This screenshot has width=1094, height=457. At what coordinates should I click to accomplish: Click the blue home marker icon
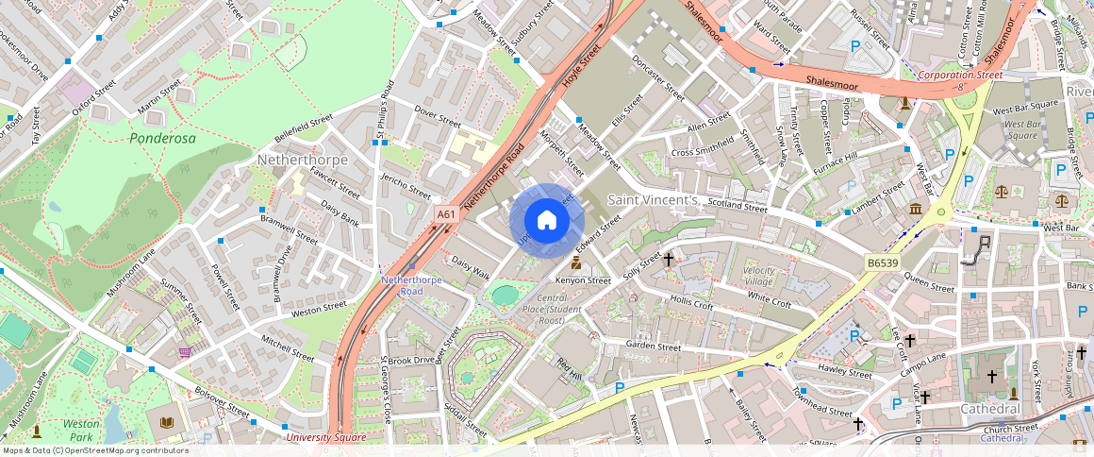point(547,221)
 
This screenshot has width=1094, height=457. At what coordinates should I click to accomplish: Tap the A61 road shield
point(447,215)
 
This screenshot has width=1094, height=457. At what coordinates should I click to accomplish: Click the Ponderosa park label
point(162,138)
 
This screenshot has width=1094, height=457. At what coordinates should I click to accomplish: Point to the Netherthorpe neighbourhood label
point(303,161)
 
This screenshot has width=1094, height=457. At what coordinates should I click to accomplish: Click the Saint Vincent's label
point(653,200)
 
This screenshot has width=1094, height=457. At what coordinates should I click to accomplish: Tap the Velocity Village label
point(758,276)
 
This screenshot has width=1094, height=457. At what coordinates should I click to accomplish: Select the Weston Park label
point(81,431)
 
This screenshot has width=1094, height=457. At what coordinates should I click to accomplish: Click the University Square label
point(325,437)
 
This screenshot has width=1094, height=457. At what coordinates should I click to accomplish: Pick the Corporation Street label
point(960,75)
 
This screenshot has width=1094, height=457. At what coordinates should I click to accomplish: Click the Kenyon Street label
point(583,280)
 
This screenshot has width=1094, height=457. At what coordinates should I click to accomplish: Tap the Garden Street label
point(654,347)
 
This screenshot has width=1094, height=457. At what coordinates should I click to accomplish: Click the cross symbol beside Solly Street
point(669,259)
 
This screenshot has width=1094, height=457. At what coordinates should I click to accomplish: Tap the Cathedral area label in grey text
point(990,409)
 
